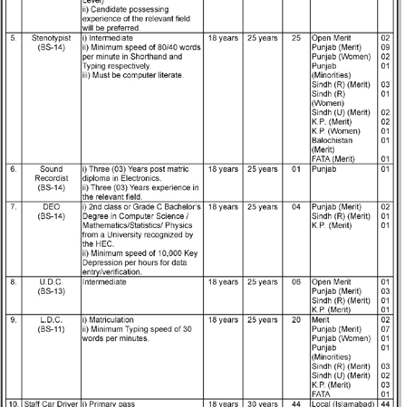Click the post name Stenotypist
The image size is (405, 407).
[51, 40]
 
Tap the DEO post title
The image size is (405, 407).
[51, 206]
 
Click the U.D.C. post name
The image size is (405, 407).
[51, 282]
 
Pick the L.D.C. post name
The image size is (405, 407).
[51, 319]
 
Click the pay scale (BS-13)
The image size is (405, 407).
[51, 292]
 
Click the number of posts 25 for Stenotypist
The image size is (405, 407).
[295, 40]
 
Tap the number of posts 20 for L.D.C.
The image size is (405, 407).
[295, 319]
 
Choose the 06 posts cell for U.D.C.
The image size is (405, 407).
[295, 282]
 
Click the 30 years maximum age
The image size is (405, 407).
[262, 402]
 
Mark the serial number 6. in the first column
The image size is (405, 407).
[13, 168]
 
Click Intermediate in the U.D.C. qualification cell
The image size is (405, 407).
[111, 282]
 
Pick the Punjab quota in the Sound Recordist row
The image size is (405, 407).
[324, 168]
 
